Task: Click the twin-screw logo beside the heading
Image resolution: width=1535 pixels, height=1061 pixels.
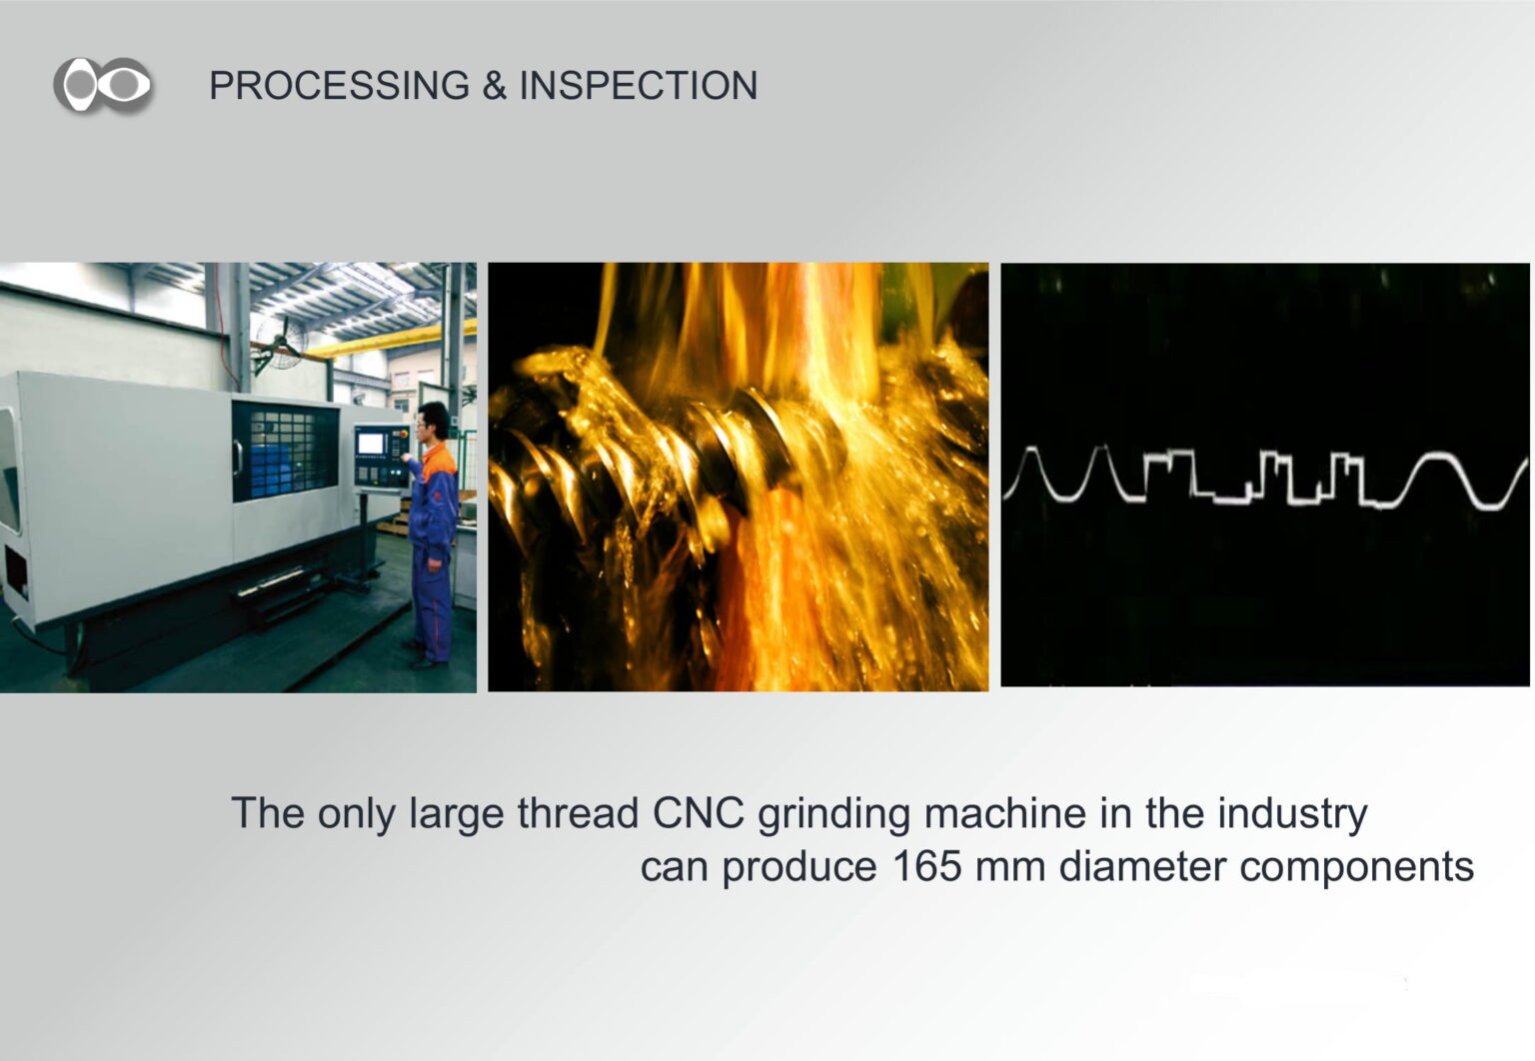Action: pyautogui.click(x=104, y=85)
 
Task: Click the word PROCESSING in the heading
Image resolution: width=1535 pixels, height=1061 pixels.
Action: pyautogui.click(x=340, y=86)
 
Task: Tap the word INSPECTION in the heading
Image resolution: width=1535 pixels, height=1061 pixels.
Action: pyautogui.click(x=639, y=86)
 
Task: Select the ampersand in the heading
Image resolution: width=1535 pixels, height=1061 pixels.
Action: pyautogui.click(x=495, y=86)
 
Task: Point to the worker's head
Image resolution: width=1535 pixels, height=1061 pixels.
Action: pyautogui.click(x=433, y=420)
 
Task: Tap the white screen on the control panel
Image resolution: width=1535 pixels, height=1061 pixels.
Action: pyautogui.click(x=370, y=444)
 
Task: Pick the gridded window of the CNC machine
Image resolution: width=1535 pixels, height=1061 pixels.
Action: pyautogui.click(x=285, y=451)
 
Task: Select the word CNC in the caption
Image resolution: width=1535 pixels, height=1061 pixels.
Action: pyautogui.click(x=698, y=813)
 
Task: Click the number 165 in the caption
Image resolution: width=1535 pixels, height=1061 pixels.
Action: pyautogui.click(x=927, y=866)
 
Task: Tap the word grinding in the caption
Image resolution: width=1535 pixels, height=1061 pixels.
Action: pyautogui.click(x=834, y=815)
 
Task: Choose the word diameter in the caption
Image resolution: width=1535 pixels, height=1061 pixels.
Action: pyautogui.click(x=1142, y=866)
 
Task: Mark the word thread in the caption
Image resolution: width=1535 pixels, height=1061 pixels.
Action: pyautogui.click(x=578, y=813)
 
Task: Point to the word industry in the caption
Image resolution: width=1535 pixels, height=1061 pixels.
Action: pyautogui.click(x=1292, y=815)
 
